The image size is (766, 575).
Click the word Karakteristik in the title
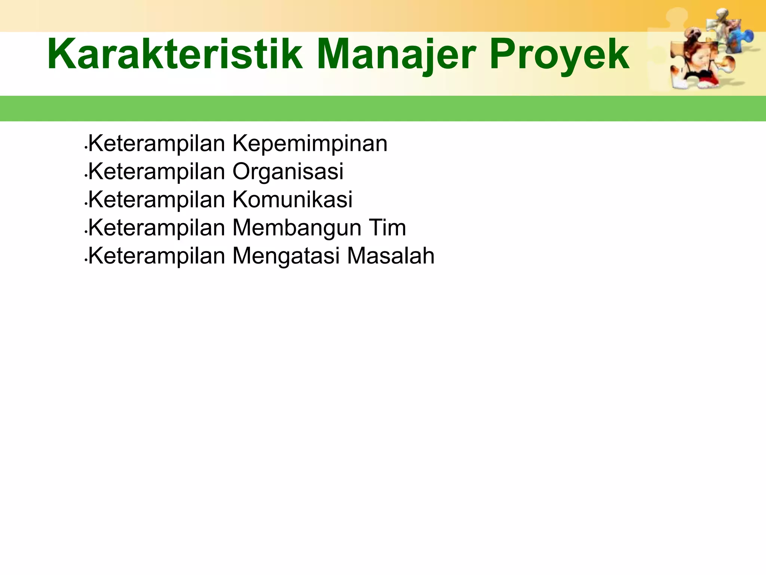(x=175, y=55)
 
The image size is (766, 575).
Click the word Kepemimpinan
(x=310, y=144)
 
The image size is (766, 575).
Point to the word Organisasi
(x=288, y=171)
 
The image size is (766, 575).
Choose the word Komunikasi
(x=292, y=200)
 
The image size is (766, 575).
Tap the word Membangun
(x=297, y=228)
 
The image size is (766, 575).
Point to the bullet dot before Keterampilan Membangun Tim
(x=86, y=232)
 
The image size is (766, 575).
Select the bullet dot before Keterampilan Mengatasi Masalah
(x=86, y=261)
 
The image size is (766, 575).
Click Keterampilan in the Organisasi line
(x=156, y=171)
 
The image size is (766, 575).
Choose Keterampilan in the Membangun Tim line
(x=156, y=228)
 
